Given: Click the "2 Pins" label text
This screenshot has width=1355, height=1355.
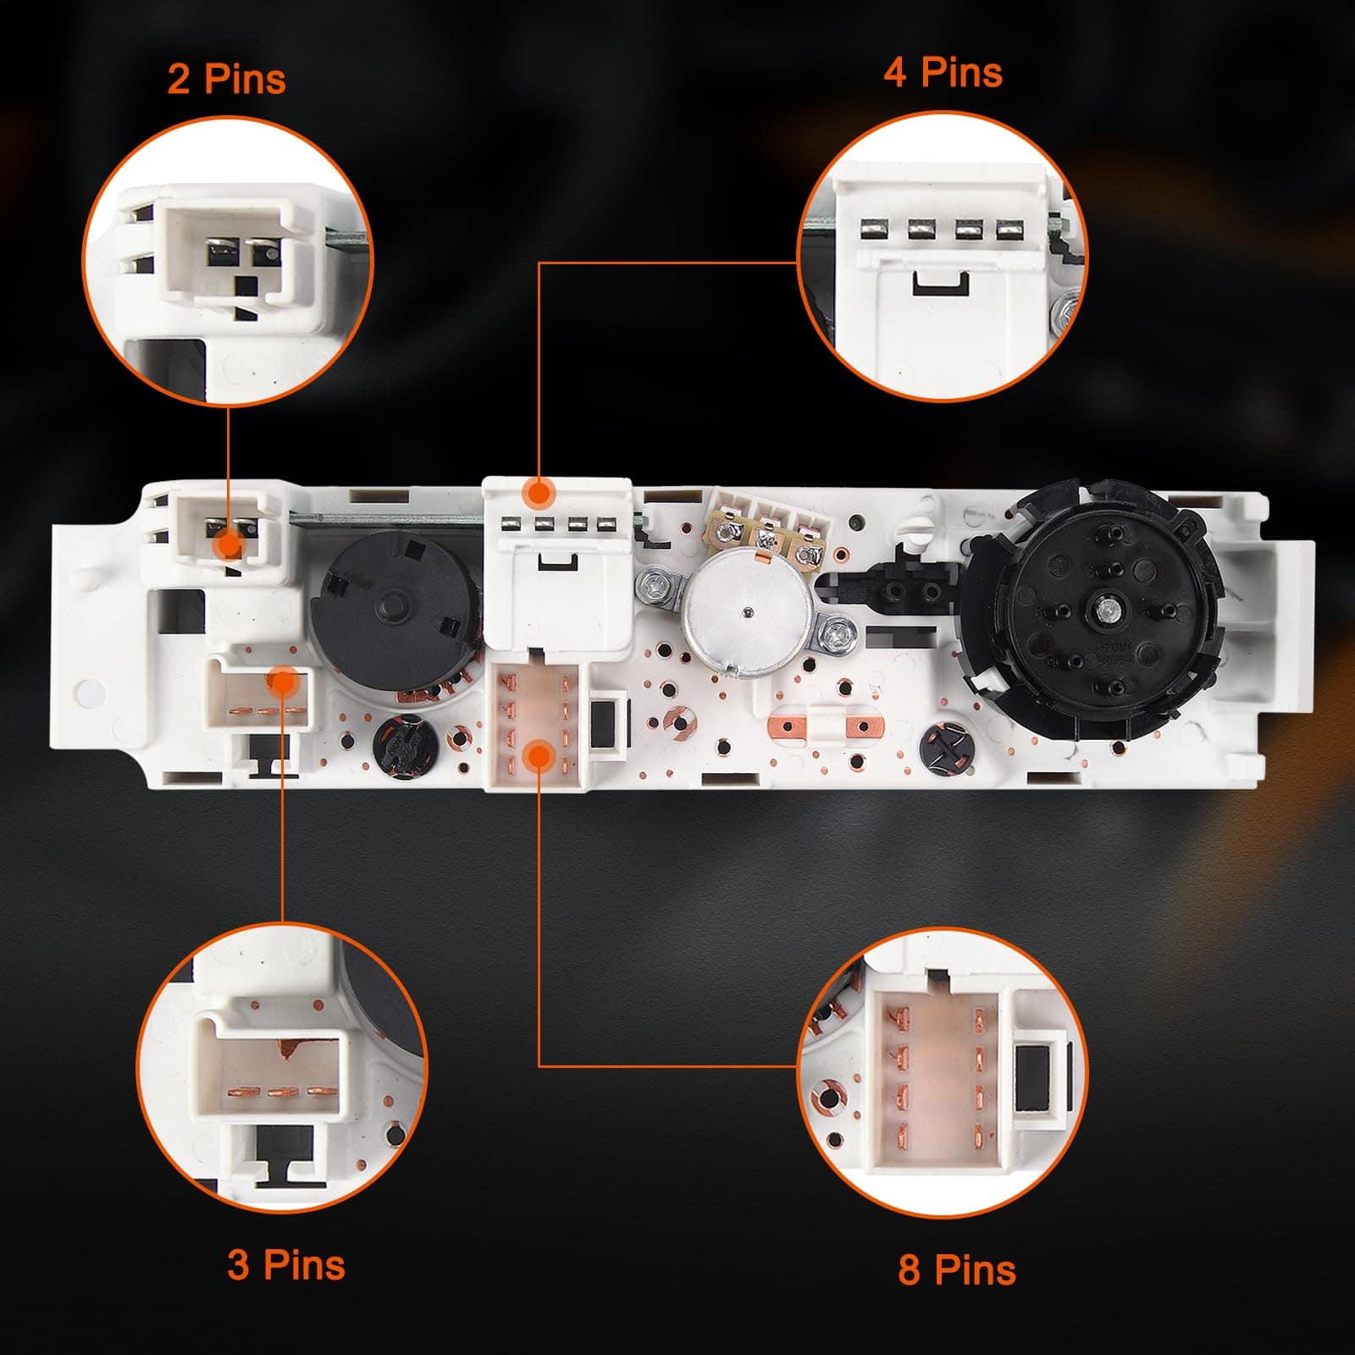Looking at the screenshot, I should [226, 80].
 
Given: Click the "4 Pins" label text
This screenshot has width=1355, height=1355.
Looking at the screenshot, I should [943, 72].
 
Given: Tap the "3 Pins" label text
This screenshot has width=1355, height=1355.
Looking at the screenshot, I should [286, 1265].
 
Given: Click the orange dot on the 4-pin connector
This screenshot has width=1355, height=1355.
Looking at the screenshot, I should [538, 492].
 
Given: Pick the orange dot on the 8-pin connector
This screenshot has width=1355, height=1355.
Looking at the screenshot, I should [539, 755].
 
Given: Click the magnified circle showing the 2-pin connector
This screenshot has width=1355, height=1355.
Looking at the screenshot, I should [227, 261].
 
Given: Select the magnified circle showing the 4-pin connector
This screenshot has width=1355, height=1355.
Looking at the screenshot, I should [943, 254].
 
